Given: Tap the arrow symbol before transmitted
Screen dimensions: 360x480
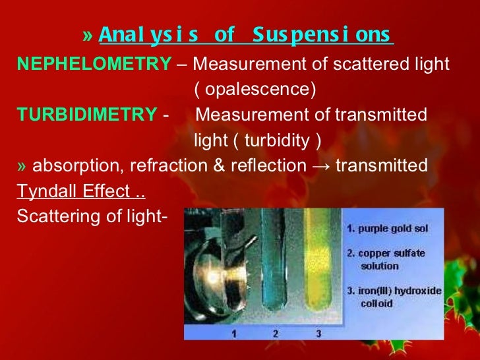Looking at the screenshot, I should click(321, 165).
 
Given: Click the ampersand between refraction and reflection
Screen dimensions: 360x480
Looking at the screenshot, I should click(219, 165).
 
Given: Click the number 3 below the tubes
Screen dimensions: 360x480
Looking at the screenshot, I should click(318, 334).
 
